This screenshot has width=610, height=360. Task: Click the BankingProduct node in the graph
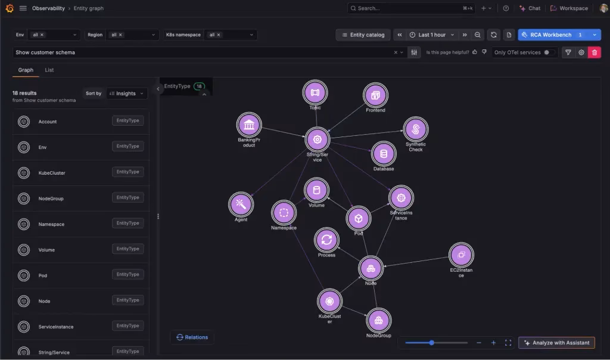[x=249, y=125]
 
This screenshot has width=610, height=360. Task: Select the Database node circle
[x=384, y=154]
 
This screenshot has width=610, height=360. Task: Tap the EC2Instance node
[x=461, y=255]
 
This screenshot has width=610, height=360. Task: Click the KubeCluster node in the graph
[x=329, y=301]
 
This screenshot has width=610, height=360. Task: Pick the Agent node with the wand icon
[x=241, y=204]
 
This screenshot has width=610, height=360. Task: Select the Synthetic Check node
[x=415, y=129]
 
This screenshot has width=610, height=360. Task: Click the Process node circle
[x=326, y=240]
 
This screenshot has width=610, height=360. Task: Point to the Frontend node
[x=375, y=95]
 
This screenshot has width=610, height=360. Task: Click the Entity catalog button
[x=363, y=35]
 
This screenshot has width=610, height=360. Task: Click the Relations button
[x=192, y=337]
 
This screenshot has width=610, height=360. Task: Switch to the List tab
[x=49, y=70]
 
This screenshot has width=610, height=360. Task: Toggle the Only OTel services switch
[x=549, y=52]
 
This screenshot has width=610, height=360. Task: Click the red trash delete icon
[x=595, y=52]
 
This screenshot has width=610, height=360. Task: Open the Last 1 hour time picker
[x=432, y=35]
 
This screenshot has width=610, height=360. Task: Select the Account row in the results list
[x=81, y=122]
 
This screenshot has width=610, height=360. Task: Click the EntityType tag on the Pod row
[x=127, y=274]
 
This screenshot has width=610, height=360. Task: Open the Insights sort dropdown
[x=127, y=94]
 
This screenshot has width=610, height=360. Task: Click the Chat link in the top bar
[x=530, y=8]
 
